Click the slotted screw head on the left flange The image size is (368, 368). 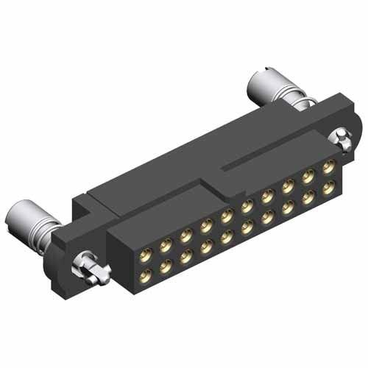[90, 267]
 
